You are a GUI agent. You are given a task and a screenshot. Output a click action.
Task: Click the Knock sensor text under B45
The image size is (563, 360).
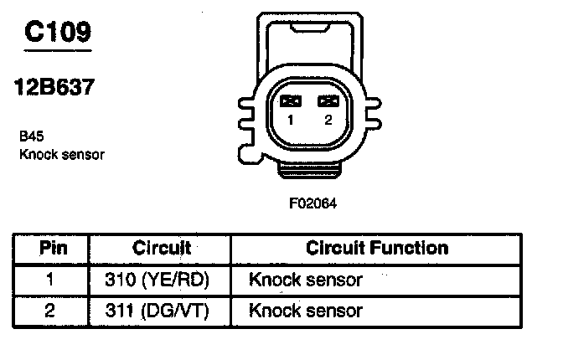tap(61, 155)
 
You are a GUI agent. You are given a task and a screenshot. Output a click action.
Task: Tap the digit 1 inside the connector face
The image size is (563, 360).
tap(291, 121)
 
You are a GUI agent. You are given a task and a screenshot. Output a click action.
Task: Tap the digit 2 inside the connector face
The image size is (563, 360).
tap(328, 121)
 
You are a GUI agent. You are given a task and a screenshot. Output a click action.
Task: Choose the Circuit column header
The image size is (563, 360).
tap(162, 249)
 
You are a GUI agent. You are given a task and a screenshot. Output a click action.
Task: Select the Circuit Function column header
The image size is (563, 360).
tap(377, 249)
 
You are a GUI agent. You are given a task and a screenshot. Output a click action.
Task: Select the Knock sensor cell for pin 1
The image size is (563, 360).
tap(306, 280)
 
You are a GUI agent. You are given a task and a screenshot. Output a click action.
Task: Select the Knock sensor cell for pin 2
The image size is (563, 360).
tap(306, 311)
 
